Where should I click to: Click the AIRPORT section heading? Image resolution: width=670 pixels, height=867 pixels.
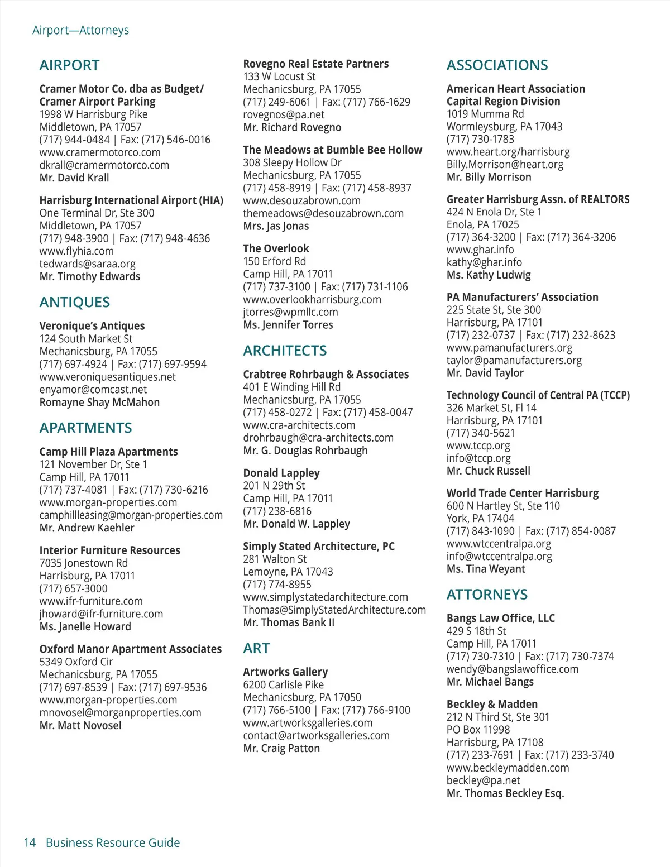pos(69,65)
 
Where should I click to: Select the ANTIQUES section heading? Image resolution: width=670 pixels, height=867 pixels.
pos(74,303)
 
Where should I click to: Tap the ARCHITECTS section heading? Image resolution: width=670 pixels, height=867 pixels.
pos(285,351)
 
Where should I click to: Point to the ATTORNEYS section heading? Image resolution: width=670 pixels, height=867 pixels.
pos(487,595)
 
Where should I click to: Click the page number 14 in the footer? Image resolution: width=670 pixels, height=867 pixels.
pos(30,842)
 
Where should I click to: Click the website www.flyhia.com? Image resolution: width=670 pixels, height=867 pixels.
pos(76,251)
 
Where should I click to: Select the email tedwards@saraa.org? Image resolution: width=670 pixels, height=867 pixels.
pos(87,264)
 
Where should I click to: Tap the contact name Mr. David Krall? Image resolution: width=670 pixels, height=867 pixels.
pos(74,178)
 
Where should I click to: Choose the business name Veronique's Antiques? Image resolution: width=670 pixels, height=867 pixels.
pos(92,326)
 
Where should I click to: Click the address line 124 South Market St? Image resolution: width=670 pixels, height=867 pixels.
pos(86,339)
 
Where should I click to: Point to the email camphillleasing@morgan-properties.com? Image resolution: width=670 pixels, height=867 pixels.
pos(131,515)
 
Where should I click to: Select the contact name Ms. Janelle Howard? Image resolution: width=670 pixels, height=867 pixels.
pos(85,627)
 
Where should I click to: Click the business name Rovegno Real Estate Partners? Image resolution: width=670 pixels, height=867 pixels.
pos(315,64)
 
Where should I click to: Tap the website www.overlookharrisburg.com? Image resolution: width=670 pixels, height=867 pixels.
pos(312,300)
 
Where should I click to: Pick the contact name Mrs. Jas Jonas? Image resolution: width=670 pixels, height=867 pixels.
pos(276,226)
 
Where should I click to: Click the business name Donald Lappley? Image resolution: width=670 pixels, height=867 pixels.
pos(281,473)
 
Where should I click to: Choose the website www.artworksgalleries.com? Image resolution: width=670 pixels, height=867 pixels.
pos(308,723)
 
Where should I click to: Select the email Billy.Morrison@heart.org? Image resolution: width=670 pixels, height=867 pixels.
pos(505,165)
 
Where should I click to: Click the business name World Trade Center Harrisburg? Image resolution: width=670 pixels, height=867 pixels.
pos(522,494)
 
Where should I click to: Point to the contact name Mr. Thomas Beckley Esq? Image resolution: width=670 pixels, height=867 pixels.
pos(505,793)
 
